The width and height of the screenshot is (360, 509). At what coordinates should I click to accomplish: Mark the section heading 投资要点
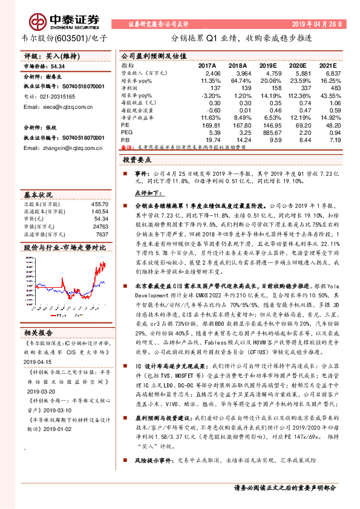(x=137, y=160)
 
